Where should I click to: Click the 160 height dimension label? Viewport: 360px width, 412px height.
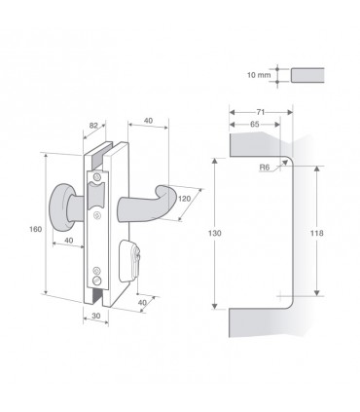tap(35, 229)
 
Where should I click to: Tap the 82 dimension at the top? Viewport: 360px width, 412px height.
tap(93, 125)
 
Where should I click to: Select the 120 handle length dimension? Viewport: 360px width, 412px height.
tap(185, 198)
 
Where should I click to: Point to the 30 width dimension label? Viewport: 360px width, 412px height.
tap(96, 316)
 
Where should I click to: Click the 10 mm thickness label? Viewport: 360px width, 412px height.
tap(259, 75)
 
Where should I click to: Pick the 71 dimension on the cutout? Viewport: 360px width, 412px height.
tap(261, 112)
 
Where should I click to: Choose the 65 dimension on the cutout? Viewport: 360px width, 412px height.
tap(255, 124)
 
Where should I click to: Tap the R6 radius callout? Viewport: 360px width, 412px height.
tap(265, 168)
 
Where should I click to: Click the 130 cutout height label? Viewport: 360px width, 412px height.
tap(214, 233)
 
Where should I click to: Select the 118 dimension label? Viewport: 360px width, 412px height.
tap(316, 233)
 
